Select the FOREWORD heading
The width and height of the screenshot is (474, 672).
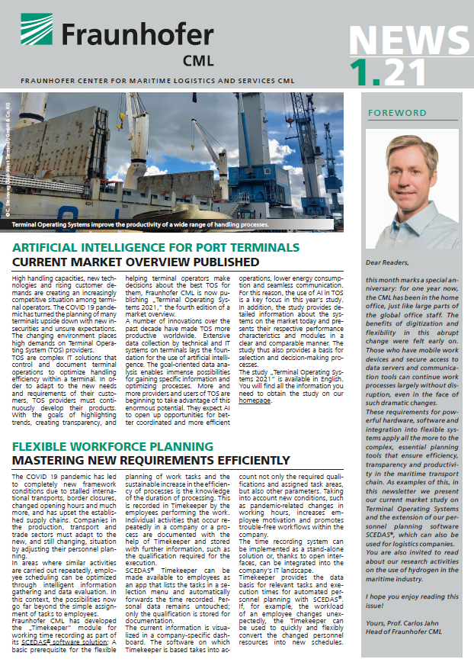397,113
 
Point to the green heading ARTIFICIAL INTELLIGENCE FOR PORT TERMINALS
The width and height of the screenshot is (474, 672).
155,248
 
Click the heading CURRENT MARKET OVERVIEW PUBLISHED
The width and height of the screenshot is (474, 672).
136,262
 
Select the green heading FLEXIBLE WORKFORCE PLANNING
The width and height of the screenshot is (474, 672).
113,446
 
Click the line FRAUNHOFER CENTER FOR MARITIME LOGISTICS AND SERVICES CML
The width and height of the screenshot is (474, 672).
158,79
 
